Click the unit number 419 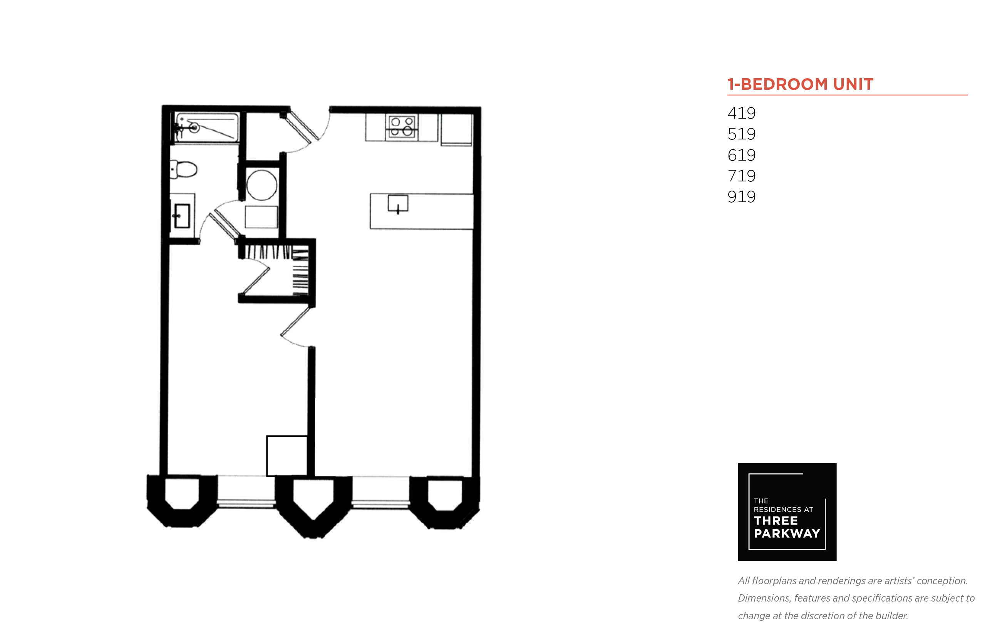pyautogui.click(x=741, y=113)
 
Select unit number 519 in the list pyautogui.click(x=741, y=134)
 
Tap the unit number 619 pyautogui.click(x=741, y=155)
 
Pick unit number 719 pyautogui.click(x=741, y=176)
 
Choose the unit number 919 pyautogui.click(x=741, y=196)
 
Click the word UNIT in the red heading pyautogui.click(x=853, y=84)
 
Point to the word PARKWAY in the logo pyautogui.click(x=787, y=533)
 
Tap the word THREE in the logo pyautogui.click(x=776, y=521)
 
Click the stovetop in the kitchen pyautogui.click(x=402, y=127)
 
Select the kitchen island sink pyautogui.click(x=397, y=203)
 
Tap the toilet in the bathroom pyautogui.click(x=184, y=169)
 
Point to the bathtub pyautogui.click(x=206, y=127)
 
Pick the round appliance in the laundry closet pyautogui.click(x=261, y=185)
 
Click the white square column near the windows pyautogui.click(x=286, y=456)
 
